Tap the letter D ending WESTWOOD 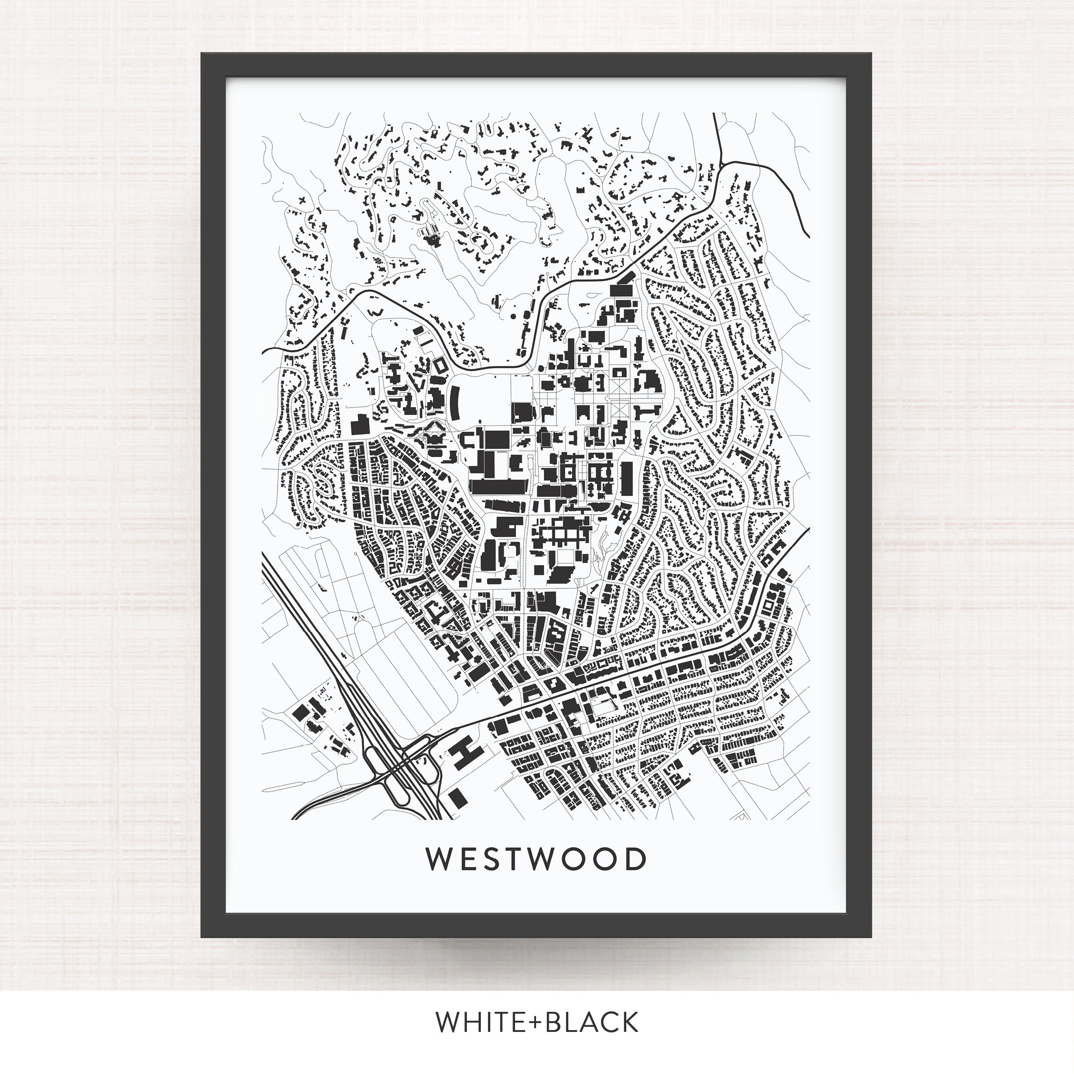pyautogui.click(x=637, y=859)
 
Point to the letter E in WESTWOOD pyautogui.click(x=467, y=859)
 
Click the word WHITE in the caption pyautogui.click(x=479, y=1022)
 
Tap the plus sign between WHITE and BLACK pyautogui.click(x=536, y=1022)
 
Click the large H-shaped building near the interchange pyautogui.click(x=466, y=753)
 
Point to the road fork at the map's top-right pyautogui.click(x=721, y=164)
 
